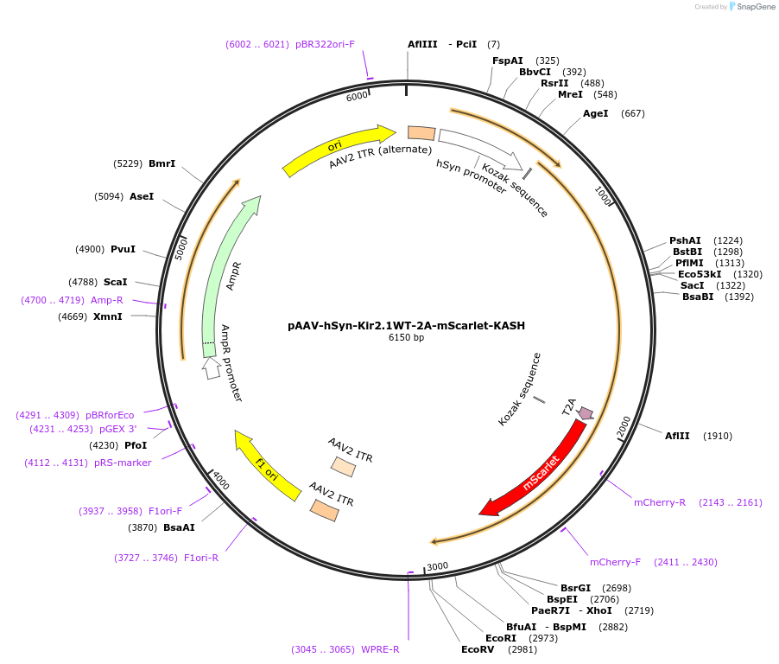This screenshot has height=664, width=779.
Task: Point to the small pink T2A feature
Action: click(x=586, y=413)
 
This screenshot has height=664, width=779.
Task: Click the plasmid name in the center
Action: click(x=406, y=326)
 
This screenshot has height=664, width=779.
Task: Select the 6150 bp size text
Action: click(x=406, y=338)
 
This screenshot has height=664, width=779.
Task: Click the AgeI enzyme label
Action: click(x=596, y=113)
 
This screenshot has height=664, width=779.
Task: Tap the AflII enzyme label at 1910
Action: click(x=677, y=436)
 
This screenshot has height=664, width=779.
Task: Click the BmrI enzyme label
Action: click(x=161, y=163)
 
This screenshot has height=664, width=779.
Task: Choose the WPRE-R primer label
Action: click(x=380, y=649)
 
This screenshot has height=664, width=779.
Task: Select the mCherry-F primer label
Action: click(x=615, y=562)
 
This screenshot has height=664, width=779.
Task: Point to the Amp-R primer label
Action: click(x=107, y=300)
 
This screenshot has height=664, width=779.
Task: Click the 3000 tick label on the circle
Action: click(x=438, y=566)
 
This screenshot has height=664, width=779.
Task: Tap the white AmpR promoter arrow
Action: click(x=211, y=368)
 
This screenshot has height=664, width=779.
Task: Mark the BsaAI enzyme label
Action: click(x=179, y=527)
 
